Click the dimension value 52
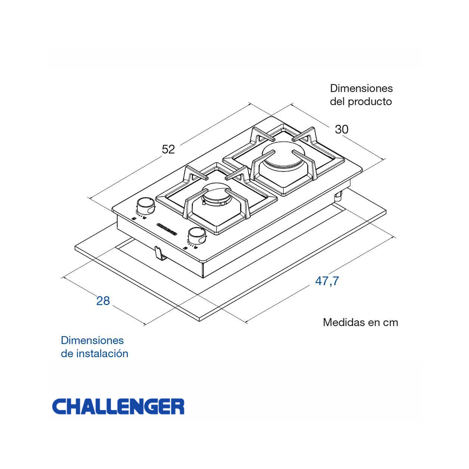pos(168,149)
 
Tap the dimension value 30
pos(341,129)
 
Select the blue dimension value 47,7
pos(326,281)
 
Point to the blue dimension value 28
pos(103,301)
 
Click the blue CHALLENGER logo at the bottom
pos(118,407)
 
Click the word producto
pos(370,101)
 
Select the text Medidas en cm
pos(360,323)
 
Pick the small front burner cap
pos(217,193)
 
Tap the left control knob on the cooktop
pos(145,205)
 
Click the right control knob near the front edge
pos(197,235)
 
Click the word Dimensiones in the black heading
pos(361,88)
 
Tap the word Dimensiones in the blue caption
pos(92,340)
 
